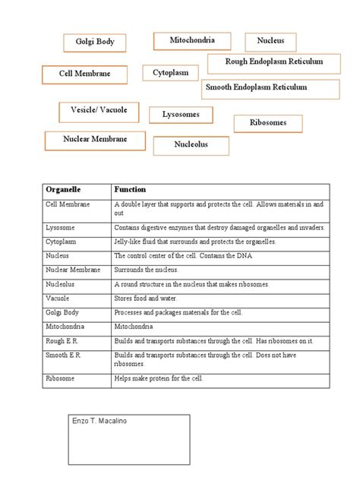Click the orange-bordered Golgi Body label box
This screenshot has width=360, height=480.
(95, 42)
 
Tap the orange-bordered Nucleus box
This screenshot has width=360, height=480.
(270, 41)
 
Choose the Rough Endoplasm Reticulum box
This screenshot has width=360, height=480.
(274, 62)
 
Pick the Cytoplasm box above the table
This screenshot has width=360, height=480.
(170, 73)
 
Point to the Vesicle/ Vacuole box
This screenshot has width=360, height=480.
(93, 111)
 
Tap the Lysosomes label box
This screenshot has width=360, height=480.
(181, 115)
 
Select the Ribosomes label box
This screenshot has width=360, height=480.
(267, 122)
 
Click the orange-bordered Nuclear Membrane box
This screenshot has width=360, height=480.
(95, 140)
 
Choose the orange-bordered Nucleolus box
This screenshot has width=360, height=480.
(191, 144)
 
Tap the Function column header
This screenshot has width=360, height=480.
(130, 189)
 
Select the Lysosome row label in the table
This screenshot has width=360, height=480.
(60, 227)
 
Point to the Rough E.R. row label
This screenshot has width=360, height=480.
(62, 342)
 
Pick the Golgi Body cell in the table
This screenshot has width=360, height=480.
(62, 313)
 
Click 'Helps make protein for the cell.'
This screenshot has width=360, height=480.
(159, 378)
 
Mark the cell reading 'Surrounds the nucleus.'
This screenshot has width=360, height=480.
(147, 270)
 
